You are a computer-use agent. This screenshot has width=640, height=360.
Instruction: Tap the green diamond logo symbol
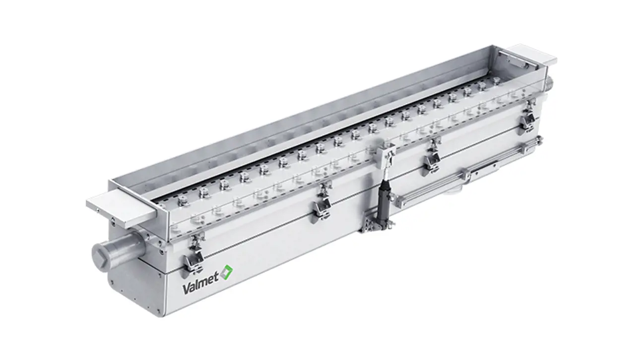[x=227, y=271]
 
